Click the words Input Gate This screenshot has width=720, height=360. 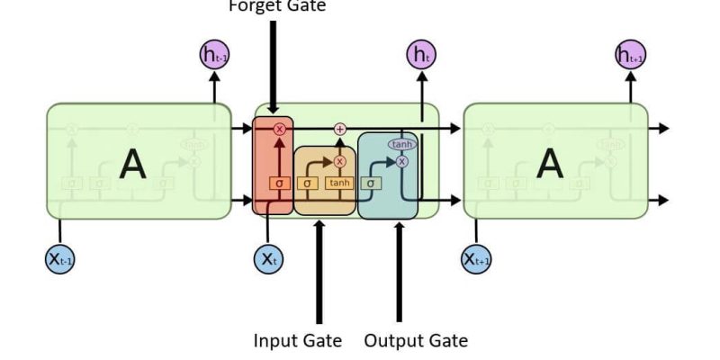point(297,341)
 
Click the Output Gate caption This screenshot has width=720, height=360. point(416,341)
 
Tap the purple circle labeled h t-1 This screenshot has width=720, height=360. point(213,56)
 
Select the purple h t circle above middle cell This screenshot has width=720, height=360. point(420,56)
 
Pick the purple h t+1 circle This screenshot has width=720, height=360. point(630,56)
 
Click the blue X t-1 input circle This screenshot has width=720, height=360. point(59,259)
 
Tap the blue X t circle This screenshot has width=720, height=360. point(267,259)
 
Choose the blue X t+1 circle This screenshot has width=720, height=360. point(477,259)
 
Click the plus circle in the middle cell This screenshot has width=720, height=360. point(340,130)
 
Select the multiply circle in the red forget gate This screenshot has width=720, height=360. point(279,130)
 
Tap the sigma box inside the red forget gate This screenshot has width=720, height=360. point(279,184)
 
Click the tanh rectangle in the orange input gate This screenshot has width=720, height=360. point(339,184)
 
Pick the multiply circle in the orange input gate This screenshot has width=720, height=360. point(340,162)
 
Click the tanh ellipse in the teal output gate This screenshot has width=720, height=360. point(401,144)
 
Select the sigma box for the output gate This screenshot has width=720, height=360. point(370,184)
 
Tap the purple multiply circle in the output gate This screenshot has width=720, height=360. point(401,162)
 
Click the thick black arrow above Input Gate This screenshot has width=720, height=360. point(319,270)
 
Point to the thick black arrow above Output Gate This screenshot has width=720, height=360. point(399,270)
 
